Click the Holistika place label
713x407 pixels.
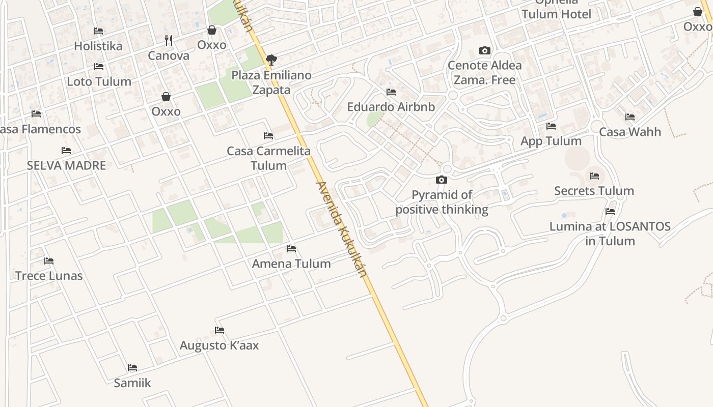[x=98, y=46]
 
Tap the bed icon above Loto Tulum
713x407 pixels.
[x=99, y=67]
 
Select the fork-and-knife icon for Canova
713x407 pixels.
[x=169, y=41]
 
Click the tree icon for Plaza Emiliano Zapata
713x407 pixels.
[x=271, y=60]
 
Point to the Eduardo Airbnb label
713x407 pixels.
[x=391, y=107]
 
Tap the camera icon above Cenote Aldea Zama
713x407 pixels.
[x=485, y=50]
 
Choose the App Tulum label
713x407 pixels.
[x=551, y=141]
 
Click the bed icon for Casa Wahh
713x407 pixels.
[x=630, y=117]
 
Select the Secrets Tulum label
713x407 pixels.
[x=594, y=191]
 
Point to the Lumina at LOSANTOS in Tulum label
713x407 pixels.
[x=610, y=234]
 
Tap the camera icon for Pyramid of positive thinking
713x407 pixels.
[x=442, y=180]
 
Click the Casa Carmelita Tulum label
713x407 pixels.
[x=268, y=158]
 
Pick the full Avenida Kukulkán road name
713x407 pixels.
[x=341, y=229]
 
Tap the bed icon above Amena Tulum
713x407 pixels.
[x=291, y=249]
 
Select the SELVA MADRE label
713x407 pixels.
[x=66, y=165]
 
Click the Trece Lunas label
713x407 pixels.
[x=49, y=276]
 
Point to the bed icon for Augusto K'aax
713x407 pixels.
[x=220, y=330]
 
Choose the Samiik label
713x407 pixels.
[x=132, y=383]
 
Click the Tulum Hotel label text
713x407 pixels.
[x=556, y=14]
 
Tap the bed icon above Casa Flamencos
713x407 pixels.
[x=36, y=114]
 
